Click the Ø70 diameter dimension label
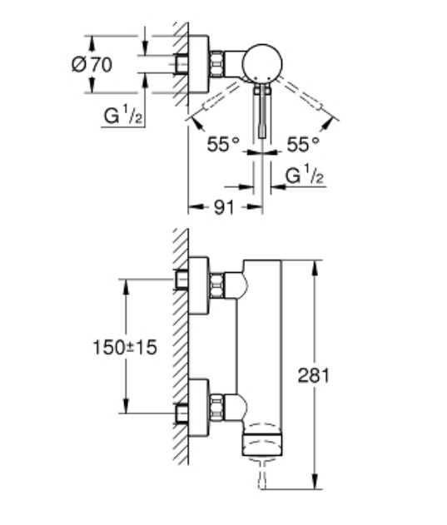92,64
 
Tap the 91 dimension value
223,208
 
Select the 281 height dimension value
314,375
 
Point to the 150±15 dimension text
125,347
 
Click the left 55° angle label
223,144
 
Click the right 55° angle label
303,144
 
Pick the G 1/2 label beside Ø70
123,115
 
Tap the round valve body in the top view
262,63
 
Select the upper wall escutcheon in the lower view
199,285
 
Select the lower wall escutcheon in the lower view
199,408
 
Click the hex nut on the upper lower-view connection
216,285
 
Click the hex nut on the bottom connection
216,407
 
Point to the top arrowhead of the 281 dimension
315,269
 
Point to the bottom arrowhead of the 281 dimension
315,480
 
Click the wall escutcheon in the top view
199,63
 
